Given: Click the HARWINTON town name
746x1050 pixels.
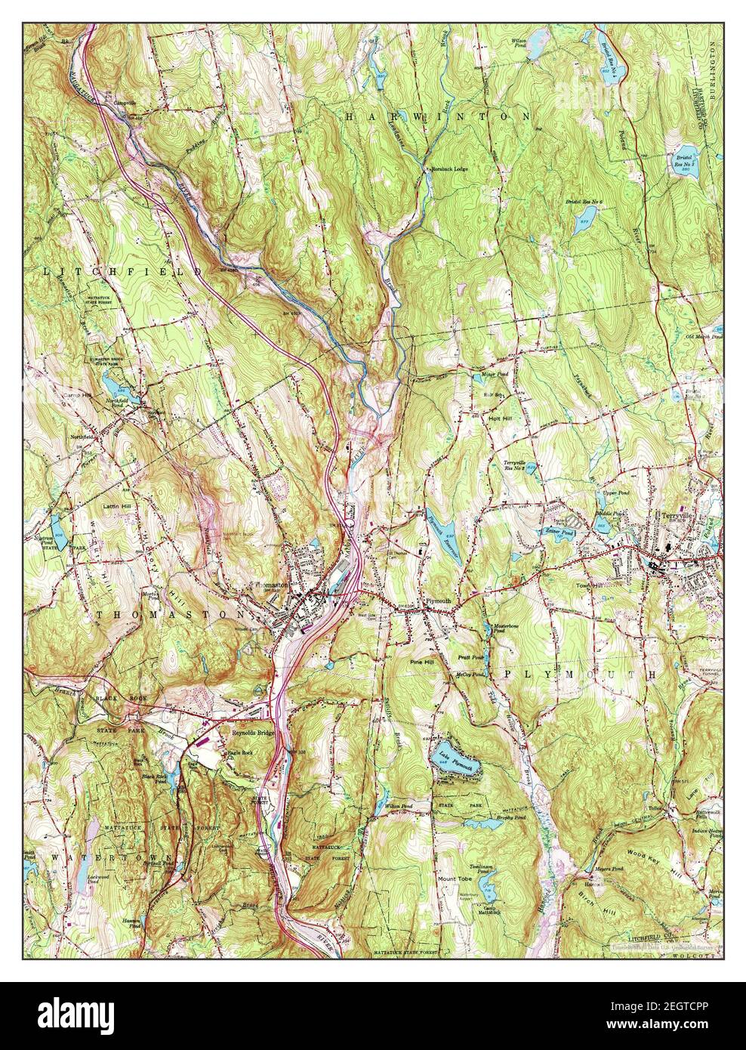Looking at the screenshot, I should pos(437,116).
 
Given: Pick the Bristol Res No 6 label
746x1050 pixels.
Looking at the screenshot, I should pos(585,202).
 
